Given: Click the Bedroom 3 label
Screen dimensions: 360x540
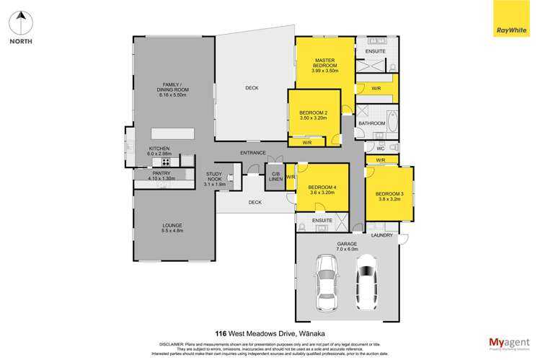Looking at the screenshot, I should pos(389,196).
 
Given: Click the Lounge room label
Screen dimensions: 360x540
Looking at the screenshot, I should pos(172,228).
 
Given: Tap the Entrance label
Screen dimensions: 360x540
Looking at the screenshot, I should pos(253,153).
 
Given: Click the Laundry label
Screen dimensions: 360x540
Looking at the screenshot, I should pos(381,235).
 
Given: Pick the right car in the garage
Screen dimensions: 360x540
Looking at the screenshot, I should pos(367,281).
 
